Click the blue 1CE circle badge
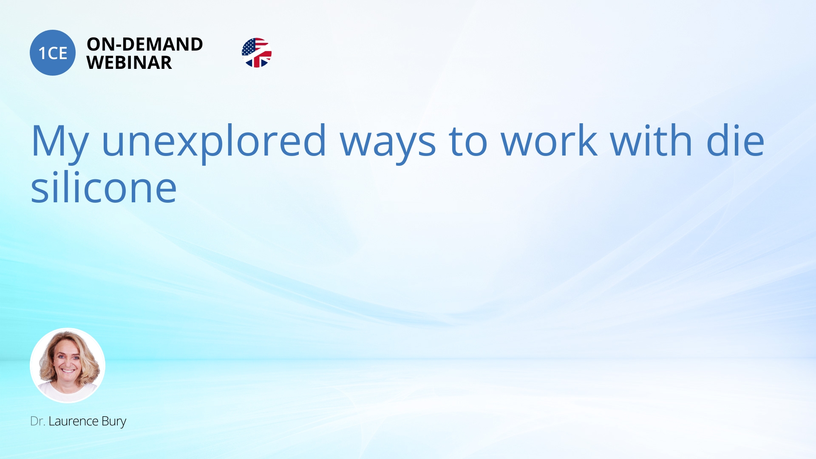53,53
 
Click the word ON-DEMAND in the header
145,44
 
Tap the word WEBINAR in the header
129,63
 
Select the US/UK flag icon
257,53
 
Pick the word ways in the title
388,146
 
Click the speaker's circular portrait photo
68,365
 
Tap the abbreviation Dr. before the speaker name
37,421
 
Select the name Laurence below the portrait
74,421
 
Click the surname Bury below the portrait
114,422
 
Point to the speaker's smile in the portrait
68,371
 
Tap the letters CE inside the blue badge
58,53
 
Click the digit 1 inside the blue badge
42,53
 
